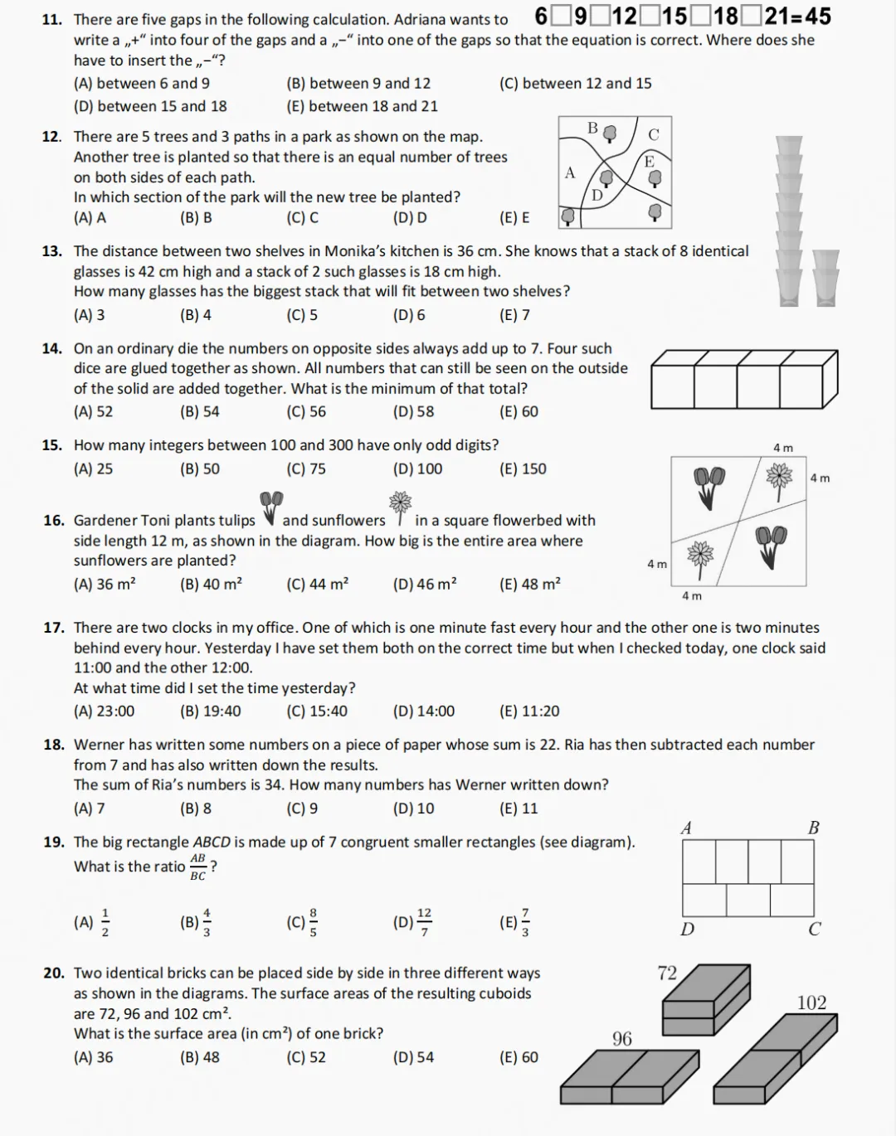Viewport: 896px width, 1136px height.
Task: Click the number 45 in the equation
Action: click(x=815, y=16)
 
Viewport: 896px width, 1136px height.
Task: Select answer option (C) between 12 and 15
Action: click(x=575, y=83)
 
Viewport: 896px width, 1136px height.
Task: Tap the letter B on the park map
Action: click(x=592, y=128)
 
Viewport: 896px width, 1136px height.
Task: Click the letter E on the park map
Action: click(x=649, y=162)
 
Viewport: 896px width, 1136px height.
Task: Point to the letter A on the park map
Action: click(x=570, y=173)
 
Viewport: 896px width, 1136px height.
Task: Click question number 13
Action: click(x=51, y=251)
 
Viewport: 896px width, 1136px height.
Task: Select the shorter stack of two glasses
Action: click(x=825, y=279)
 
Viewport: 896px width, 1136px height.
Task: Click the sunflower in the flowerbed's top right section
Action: click(x=779, y=478)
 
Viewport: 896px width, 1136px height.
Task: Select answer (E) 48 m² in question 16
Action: click(x=529, y=584)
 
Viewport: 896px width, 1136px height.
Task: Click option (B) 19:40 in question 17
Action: click(x=210, y=711)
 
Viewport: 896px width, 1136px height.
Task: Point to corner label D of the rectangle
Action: click(x=687, y=929)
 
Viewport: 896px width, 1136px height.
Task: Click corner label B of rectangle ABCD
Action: click(x=813, y=828)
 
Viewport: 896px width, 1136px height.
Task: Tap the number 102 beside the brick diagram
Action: click(x=811, y=1002)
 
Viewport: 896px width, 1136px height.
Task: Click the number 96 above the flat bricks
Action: click(x=622, y=1039)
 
